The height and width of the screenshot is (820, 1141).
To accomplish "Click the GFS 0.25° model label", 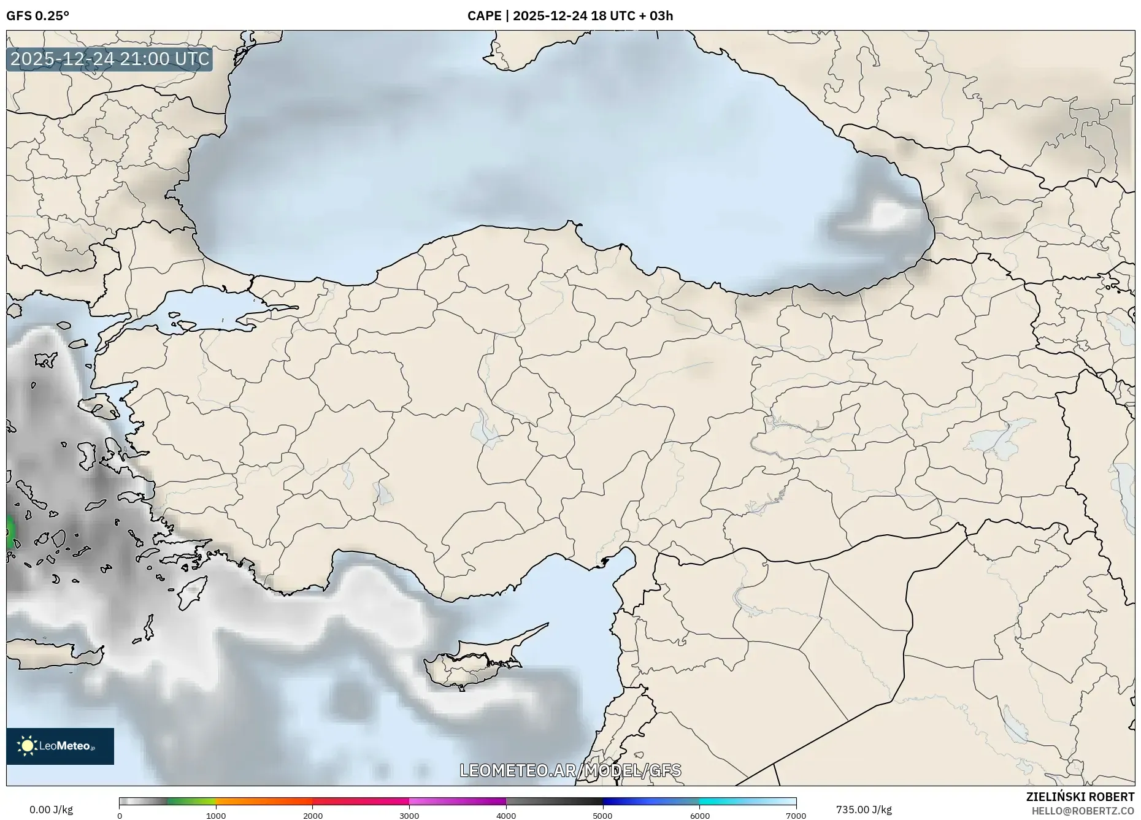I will tap(37, 16).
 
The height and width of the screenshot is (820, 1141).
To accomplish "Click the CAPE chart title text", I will tap(570, 16).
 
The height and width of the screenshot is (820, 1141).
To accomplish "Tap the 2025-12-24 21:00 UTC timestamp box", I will tap(110, 59).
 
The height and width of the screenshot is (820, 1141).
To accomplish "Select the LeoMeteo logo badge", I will tap(60, 746).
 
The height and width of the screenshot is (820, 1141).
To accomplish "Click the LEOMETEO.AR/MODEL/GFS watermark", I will tap(570, 770).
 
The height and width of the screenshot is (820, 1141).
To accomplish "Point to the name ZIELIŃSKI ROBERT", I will tap(1080, 797).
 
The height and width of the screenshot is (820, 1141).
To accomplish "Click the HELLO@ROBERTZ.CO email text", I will tap(1083, 811).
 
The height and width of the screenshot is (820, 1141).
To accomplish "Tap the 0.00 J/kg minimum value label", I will tap(51, 810).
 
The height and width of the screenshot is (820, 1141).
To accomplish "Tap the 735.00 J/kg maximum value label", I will tap(864, 810).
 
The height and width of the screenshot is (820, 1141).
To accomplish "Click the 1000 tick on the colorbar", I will tap(216, 816).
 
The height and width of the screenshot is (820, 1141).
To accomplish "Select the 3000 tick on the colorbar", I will tap(409, 816).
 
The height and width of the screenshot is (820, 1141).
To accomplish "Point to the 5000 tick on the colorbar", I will tap(602, 816).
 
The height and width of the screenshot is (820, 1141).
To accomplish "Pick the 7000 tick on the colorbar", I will tap(796, 816).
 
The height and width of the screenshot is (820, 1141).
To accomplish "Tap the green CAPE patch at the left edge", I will tap(9, 531).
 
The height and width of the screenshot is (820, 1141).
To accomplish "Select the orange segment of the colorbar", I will tap(264, 801).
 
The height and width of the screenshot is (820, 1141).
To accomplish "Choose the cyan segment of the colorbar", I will tap(724, 801).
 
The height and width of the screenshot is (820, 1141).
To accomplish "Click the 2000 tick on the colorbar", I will tap(313, 816).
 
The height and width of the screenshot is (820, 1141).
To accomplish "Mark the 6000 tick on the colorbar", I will tap(699, 816).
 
